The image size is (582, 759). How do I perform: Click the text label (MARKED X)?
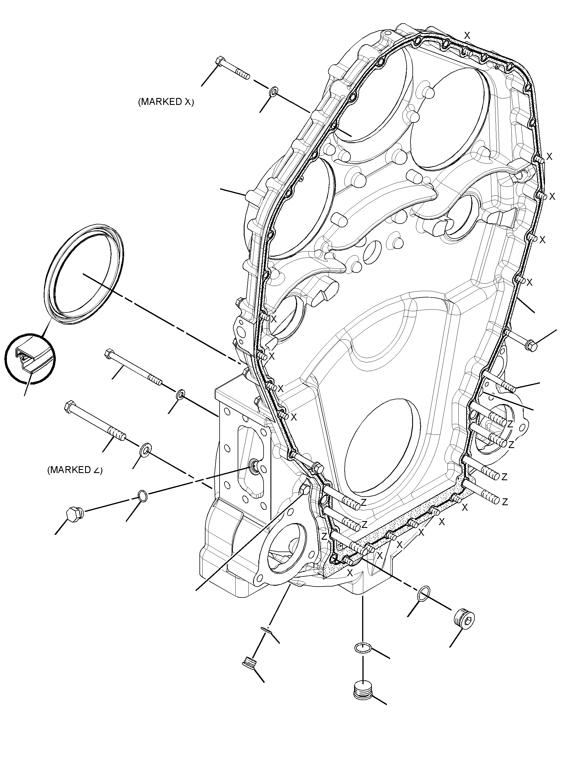tap(166, 102)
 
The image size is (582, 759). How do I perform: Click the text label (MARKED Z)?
tap(75, 470)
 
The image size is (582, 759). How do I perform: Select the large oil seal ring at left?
tap(84, 274)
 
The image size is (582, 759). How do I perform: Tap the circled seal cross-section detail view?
tap(30, 358)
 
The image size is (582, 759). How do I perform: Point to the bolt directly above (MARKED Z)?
tap(95, 421)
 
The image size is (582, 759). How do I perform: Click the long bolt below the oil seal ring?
tap(133, 367)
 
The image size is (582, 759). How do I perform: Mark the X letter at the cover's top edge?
tap(467, 35)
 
